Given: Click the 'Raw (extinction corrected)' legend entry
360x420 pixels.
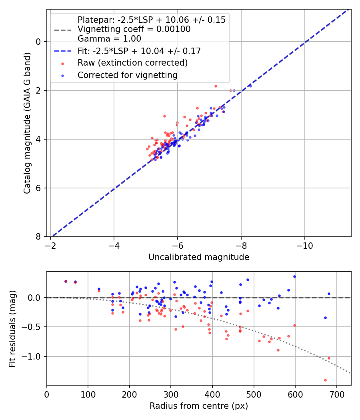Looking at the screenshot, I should pos(132,63).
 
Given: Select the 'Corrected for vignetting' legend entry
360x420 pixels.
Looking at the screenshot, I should pos(128,75).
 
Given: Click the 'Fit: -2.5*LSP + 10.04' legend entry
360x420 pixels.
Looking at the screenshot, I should pos(139,51).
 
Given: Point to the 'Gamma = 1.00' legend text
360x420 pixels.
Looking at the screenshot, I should pos(109,39).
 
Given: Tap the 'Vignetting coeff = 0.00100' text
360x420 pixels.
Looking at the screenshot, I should pos(134,29).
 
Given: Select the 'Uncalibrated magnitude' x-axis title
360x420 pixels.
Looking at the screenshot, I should pos(199,257).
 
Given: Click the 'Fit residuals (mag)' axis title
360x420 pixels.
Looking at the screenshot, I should pos(12,328).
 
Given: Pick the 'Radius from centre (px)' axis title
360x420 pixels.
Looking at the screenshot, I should pos(199,406).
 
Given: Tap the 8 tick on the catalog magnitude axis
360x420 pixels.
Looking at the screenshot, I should pos(39,237).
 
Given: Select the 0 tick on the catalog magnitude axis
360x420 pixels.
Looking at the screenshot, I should pos(39,42).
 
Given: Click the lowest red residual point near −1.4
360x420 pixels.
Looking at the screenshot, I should pos(325,380).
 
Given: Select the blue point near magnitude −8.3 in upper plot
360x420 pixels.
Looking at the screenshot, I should pos(250,86).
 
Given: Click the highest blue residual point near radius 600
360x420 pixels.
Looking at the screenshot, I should pos(294,276).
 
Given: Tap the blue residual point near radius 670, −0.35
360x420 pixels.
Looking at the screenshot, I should pos(325,318).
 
